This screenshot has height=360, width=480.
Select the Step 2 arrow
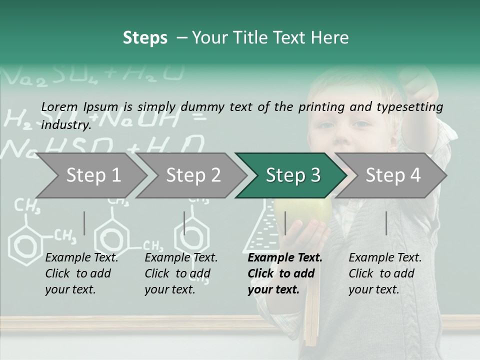[192, 175]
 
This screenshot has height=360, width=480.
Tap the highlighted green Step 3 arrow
[292, 175]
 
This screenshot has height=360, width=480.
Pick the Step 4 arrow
[392, 175]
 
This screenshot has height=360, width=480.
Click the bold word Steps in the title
[145, 38]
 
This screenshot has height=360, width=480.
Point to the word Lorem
[59, 106]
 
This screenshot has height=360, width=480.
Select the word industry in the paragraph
[66, 124]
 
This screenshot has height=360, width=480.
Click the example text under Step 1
[81, 273]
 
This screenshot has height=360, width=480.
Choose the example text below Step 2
[181, 273]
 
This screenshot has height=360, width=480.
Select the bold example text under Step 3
[285, 273]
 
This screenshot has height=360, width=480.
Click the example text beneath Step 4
[385, 273]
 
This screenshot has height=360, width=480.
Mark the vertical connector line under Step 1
[84, 223]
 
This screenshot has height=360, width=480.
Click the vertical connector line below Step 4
[386, 223]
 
